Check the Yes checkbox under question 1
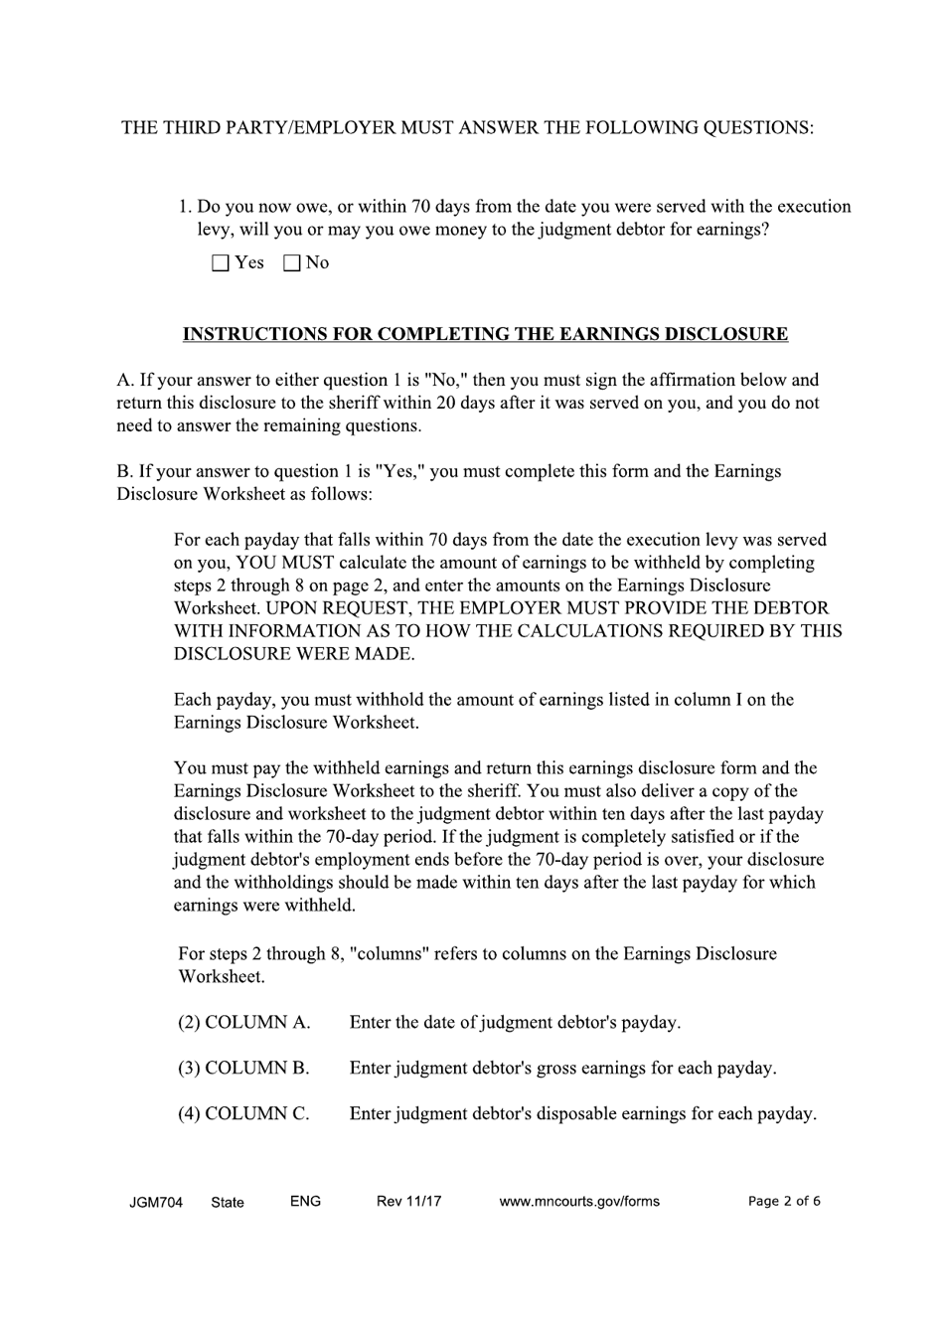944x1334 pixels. coord(221,263)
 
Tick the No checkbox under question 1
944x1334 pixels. coord(292,263)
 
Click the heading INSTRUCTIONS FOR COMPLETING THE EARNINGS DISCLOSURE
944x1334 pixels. coord(485,334)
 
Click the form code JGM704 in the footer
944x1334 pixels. coord(156,1202)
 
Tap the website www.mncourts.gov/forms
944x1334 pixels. coord(578,1201)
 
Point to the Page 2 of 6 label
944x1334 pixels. coord(784,1201)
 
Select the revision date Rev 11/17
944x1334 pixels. coord(408,1201)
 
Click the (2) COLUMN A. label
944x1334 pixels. coord(244,1022)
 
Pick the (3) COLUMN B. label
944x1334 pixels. coord(244,1068)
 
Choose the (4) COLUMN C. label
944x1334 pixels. coord(244,1113)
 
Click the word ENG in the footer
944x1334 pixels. coord(305,1201)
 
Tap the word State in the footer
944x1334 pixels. coord(228,1202)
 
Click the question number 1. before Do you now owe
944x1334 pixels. coord(185,207)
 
